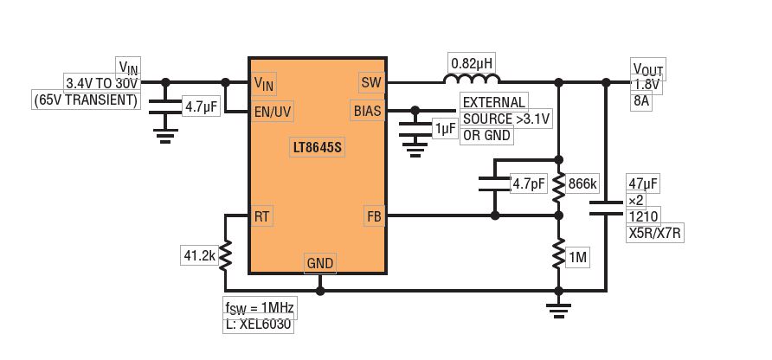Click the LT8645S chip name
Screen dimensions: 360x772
pos(318,148)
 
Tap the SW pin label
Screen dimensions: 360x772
pos(370,82)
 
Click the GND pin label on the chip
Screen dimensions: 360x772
pos(319,263)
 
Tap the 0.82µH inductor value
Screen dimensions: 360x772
pos(472,63)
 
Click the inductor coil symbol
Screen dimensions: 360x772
pos(472,81)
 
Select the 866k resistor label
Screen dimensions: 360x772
pos(584,184)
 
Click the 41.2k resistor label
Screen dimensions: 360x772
pos(199,255)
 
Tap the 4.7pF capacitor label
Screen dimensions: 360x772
pos(527,184)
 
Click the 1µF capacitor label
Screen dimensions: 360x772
pos(446,128)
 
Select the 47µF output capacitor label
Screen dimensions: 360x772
pos(643,183)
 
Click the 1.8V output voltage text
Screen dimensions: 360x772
pos(647,84)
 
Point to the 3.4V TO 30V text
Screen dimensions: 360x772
pos(102,83)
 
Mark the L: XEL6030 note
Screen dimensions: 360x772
pos(259,325)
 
